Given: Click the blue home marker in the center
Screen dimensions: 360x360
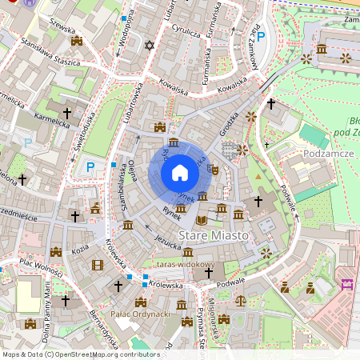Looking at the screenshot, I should pyautogui.click(x=180, y=173).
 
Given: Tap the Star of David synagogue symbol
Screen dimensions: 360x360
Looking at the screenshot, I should pyautogui.click(x=147, y=45).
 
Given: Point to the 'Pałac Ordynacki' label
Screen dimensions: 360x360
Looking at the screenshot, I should pyautogui.click(x=142, y=314).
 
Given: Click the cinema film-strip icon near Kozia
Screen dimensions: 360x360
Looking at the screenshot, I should pyautogui.click(x=98, y=265).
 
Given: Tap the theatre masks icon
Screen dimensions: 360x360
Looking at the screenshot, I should pyautogui.click(x=214, y=170).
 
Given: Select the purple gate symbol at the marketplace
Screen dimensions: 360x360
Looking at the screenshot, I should pyautogui.click(x=347, y=284).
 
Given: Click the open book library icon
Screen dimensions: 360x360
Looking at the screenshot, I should pyautogui.click(x=201, y=219).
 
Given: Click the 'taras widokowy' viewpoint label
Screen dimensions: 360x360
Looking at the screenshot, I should pyautogui.click(x=186, y=263).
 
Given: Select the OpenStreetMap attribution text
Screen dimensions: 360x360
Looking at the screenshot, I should pyautogui.click(x=81, y=354).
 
